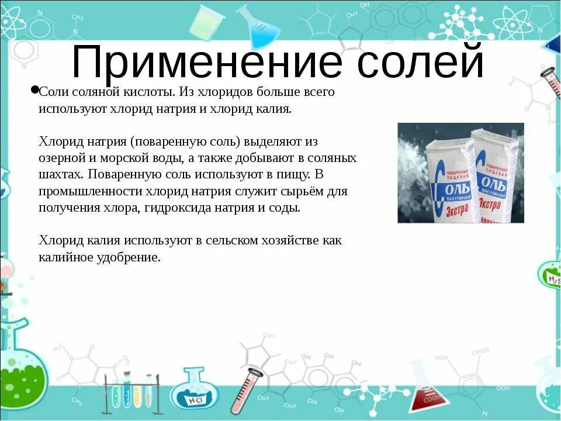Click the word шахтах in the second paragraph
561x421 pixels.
click(x=61, y=174)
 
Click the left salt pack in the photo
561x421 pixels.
click(x=450, y=181)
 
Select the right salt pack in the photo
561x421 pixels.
click(x=497, y=175)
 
